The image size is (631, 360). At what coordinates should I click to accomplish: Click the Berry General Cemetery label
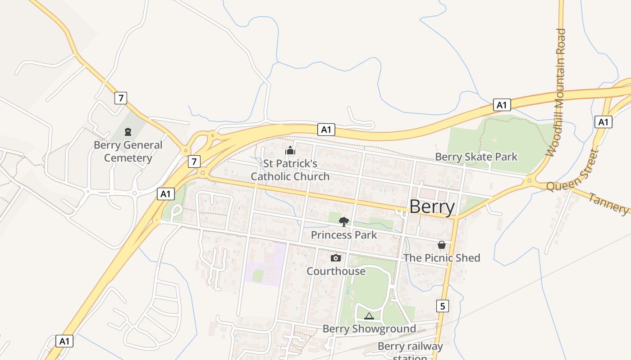(128, 152)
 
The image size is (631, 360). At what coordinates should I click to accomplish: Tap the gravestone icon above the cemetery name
(128, 132)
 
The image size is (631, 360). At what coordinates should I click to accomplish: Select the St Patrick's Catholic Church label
(290, 170)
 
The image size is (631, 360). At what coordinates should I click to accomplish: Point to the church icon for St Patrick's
(290, 150)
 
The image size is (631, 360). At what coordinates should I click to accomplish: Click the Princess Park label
(344, 235)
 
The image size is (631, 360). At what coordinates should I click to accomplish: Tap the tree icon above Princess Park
(344, 221)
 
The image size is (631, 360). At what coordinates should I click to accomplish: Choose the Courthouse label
(336, 271)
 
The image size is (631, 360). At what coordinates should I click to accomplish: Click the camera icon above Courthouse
(336, 258)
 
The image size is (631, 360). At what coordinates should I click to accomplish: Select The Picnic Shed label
(442, 258)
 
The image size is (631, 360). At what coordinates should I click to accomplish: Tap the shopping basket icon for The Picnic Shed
(442, 245)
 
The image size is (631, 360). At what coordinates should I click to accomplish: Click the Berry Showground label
(369, 329)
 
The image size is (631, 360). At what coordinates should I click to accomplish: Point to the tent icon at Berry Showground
(369, 316)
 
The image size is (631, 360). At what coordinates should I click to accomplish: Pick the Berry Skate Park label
(476, 157)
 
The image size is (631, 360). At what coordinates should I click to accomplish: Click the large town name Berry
(432, 207)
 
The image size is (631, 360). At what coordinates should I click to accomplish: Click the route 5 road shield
(443, 306)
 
